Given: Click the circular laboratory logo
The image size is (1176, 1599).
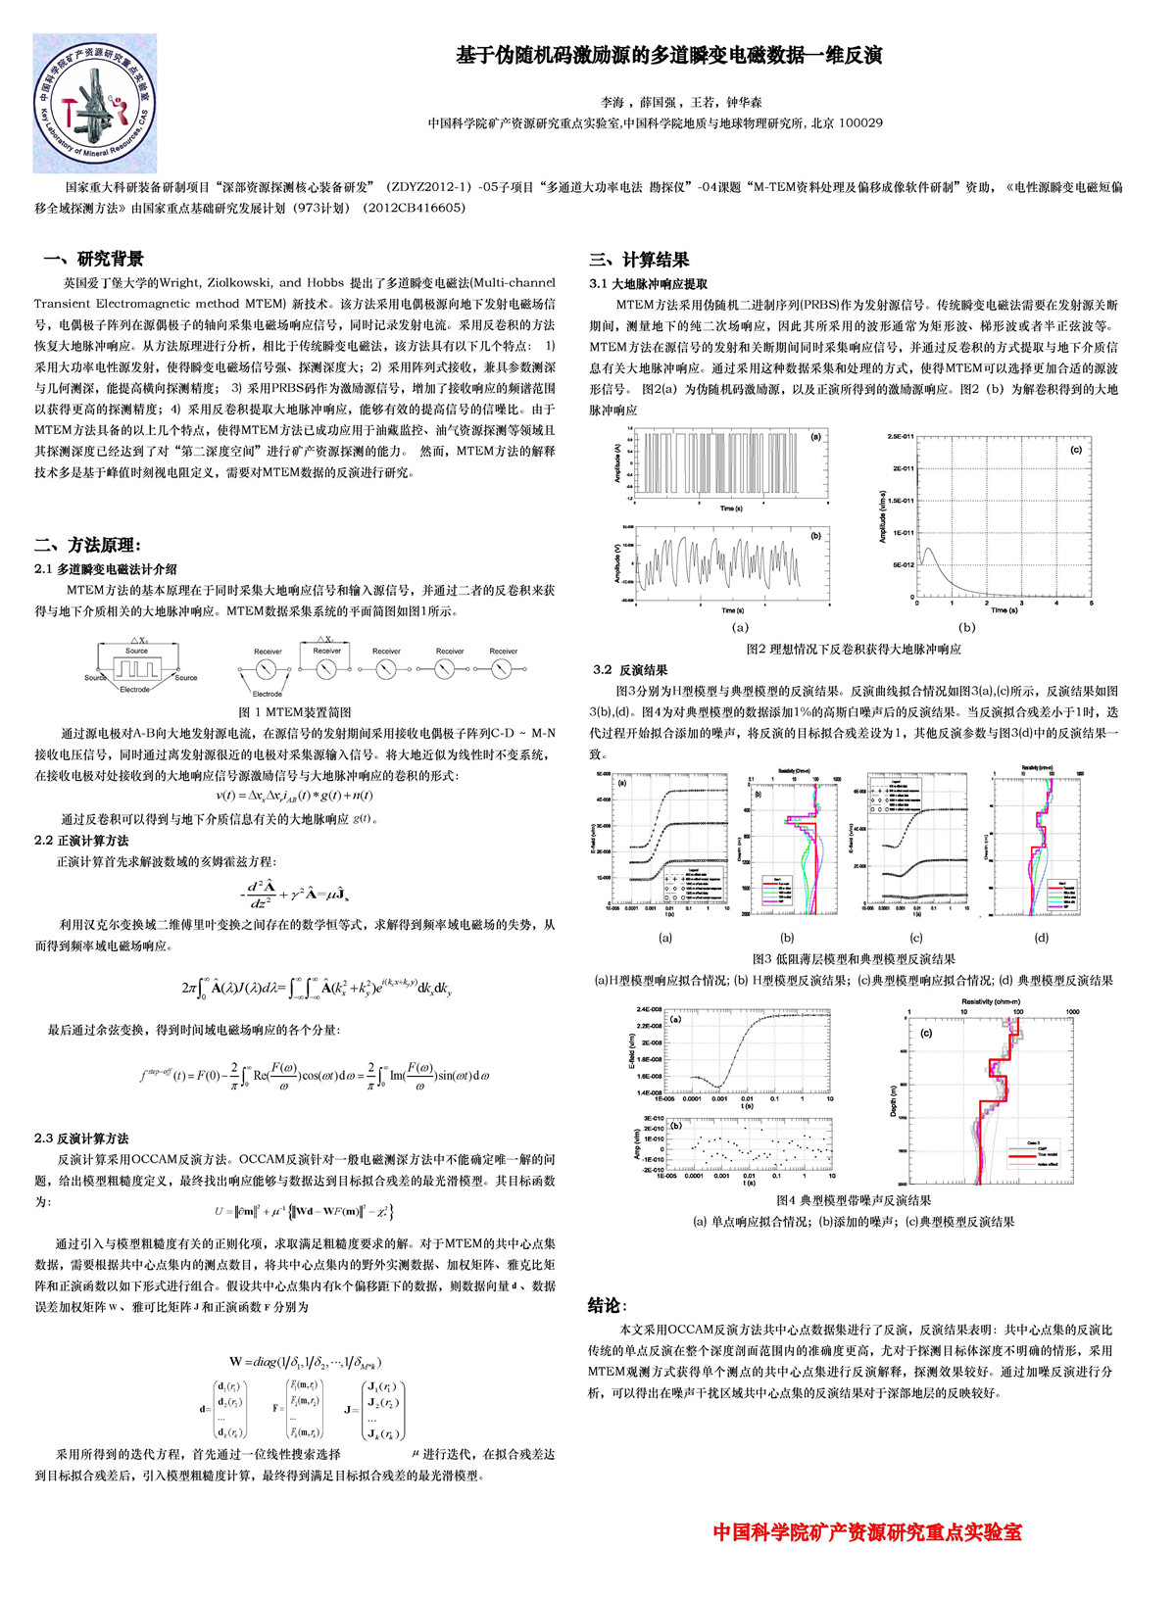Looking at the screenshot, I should [x=95, y=103].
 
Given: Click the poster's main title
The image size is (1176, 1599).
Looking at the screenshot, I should [x=668, y=55].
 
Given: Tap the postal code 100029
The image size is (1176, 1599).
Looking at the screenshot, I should [x=860, y=123].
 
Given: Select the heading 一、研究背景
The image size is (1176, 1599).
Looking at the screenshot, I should [x=94, y=259].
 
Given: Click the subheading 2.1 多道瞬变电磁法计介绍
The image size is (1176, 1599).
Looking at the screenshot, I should [x=106, y=568].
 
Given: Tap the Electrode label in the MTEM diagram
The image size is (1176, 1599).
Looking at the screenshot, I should [x=134, y=689].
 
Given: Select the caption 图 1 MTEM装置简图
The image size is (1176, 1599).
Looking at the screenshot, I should [x=294, y=712].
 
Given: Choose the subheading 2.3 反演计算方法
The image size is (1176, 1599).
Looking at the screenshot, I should [x=81, y=1139].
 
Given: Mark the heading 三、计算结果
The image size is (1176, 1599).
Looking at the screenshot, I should [x=639, y=260].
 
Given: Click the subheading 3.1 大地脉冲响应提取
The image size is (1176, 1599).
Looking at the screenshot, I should [x=648, y=283].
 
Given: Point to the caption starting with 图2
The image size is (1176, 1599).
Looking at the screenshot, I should [x=853, y=649].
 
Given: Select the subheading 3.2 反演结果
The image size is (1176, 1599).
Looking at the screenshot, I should [x=630, y=670].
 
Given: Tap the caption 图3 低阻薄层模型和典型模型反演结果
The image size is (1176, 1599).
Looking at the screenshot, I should [x=853, y=959].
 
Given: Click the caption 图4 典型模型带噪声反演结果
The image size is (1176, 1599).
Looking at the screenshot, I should [x=853, y=1200].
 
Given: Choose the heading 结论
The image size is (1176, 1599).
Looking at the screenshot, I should [x=607, y=1305].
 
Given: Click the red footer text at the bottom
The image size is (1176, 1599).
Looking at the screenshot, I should [x=866, y=1532].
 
